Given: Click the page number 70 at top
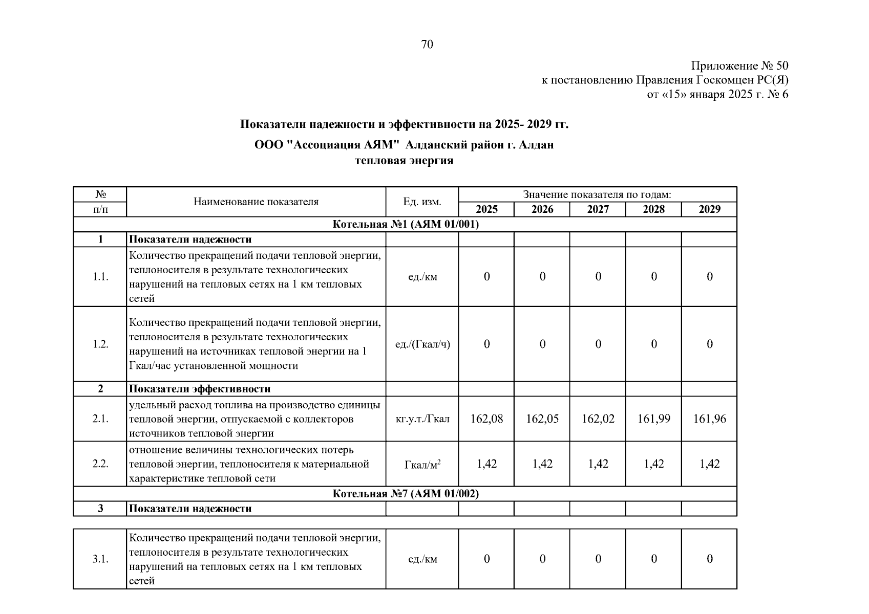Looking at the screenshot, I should [x=427, y=45].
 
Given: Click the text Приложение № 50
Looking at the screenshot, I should [x=739, y=66].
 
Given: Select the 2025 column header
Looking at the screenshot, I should [x=486, y=209].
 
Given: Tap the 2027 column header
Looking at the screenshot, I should [x=598, y=209].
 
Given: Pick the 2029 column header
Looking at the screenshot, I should [x=709, y=209].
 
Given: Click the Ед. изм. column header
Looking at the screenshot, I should [x=422, y=202].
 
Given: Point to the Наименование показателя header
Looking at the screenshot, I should [x=256, y=202].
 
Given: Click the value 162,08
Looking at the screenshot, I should [x=486, y=419].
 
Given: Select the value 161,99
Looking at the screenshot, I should [x=653, y=419].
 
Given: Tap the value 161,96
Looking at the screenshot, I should [x=709, y=419].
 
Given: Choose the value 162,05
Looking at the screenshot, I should [x=542, y=419].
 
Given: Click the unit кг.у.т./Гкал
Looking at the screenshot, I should [x=422, y=419].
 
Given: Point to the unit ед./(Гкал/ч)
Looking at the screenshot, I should [x=422, y=344].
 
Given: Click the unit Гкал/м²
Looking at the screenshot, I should [x=422, y=465].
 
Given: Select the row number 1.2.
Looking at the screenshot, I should [x=100, y=344].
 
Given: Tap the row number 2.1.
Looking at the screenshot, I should [x=100, y=419].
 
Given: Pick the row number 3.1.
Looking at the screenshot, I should [x=100, y=559].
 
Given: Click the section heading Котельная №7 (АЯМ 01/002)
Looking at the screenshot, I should [x=405, y=494].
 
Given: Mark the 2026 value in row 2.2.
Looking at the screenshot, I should [x=542, y=464].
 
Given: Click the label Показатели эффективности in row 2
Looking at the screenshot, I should [x=199, y=389].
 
